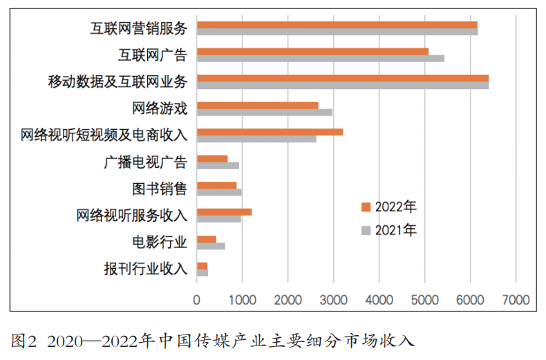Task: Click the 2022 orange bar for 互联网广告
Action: pos(312,51)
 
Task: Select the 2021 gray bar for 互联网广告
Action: pos(320,59)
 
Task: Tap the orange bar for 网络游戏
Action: pos(257,105)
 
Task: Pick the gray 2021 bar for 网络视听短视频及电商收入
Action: pos(256,139)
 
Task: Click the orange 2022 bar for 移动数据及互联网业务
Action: pos(342,78)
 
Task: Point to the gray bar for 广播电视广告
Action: pos(218,166)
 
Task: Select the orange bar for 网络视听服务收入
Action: pos(224,212)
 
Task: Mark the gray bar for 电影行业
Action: pos(211,246)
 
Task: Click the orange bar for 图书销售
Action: pos(216,185)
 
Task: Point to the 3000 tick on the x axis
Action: pos(333,301)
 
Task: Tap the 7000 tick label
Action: pos(516,301)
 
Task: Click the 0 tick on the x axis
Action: pos(197,301)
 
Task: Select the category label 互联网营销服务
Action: pos(139,28)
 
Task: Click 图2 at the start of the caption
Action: pos(24,341)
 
